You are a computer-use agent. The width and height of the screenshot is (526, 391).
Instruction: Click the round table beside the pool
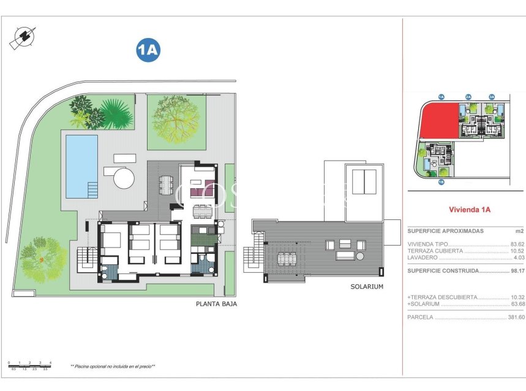[124, 178]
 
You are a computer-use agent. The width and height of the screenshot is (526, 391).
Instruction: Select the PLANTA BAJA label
[216, 303]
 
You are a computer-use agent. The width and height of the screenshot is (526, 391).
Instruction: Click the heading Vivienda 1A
[470, 210]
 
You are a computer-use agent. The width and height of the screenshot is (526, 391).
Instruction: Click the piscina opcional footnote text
[113, 366]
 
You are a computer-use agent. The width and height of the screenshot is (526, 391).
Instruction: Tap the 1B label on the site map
[440, 181]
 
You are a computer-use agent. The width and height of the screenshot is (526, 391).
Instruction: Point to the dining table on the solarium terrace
[286, 259]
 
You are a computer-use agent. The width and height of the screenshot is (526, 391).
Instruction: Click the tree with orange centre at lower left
[42, 259]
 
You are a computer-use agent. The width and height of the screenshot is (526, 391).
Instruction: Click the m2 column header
[519, 231]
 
